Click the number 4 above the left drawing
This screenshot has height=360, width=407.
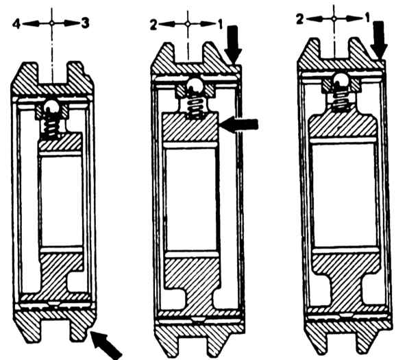tap(16, 24)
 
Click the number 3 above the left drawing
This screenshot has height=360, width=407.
tap(86, 23)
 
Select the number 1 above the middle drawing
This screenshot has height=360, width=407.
tap(221, 25)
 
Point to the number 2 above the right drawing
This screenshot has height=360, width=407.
tap(300, 19)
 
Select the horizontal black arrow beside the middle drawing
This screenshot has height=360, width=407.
tap(239, 124)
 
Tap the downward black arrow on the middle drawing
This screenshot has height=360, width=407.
tap(233, 44)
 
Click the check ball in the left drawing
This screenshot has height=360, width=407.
tap(52, 107)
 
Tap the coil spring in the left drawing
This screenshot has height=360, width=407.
tap(51, 125)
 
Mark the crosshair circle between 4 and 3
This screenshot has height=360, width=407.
tap(52, 23)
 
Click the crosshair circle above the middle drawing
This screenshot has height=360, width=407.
tap(188, 24)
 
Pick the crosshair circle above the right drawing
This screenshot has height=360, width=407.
tap(334, 19)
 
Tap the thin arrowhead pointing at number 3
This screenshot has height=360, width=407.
tap(73, 23)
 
